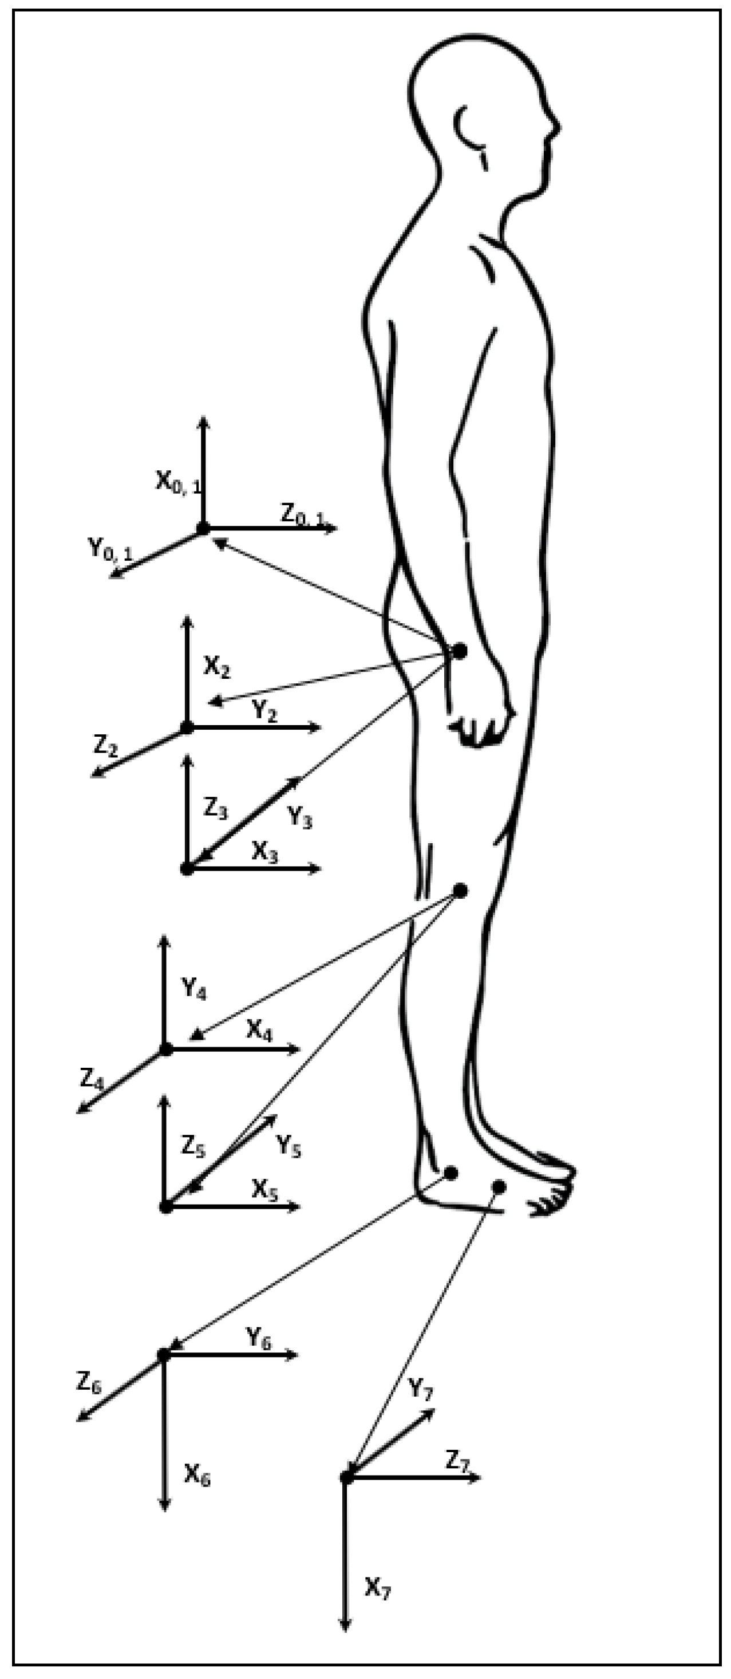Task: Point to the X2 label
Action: point(217,667)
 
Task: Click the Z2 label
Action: point(105,745)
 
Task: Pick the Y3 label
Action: point(300,816)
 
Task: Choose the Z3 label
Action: point(216,809)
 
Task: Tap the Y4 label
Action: point(193,989)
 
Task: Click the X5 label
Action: point(264,1190)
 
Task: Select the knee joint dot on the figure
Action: point(460,890)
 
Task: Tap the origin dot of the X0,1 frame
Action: point(203,529)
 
